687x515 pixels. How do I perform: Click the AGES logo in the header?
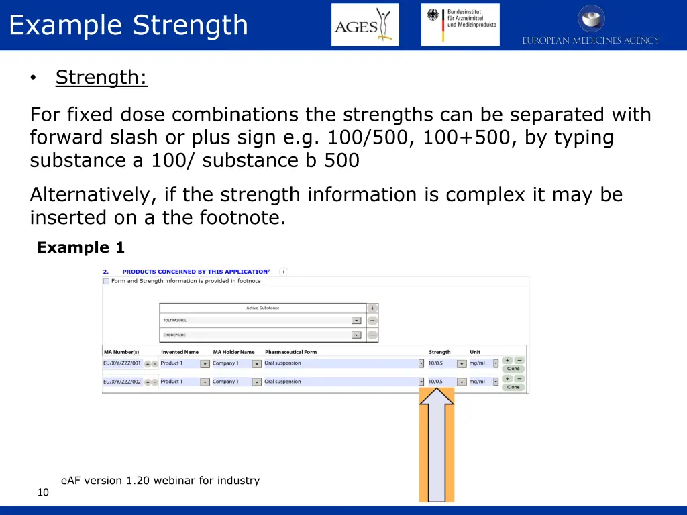(365, 25)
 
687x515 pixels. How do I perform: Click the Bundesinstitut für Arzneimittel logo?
(460, 25)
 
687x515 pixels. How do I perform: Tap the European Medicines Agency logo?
(590, 25)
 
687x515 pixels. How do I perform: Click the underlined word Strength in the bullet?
(101, 78)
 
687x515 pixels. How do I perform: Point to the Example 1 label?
(81, 248)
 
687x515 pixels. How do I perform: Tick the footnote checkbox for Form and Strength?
(106, 281)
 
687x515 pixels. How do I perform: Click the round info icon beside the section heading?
(284, 272)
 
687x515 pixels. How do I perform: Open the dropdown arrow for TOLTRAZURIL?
(356, 321)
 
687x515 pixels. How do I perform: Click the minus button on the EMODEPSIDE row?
(372, 335)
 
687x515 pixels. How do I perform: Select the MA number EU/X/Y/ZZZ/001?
(122, 363)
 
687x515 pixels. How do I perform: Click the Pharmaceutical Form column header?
(290, 352)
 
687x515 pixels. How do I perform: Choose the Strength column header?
(439, 352)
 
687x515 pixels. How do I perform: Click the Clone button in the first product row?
(513, 369)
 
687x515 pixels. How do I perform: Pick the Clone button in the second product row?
(513, 387)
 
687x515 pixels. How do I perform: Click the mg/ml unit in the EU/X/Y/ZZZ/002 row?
(477, 382)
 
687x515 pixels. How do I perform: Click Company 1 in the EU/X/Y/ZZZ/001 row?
(225, 363)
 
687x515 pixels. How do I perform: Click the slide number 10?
(43, 493)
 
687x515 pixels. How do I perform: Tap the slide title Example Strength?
(128, 25)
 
